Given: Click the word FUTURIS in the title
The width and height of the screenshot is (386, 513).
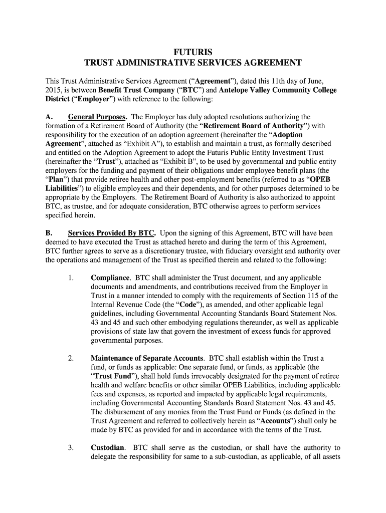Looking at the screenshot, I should [x=192, y=52].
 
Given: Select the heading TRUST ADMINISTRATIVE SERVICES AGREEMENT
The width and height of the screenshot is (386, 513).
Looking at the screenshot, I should [x=192, y=63].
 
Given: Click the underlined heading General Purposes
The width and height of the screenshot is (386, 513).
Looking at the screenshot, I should [x=97, y=117].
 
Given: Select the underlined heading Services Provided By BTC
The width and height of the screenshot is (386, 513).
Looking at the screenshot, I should [x=112, y=233].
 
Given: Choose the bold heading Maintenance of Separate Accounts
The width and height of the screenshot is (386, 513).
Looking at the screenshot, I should [x=147, y=359].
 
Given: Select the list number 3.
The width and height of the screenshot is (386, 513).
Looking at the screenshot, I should [x=71, y=448].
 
